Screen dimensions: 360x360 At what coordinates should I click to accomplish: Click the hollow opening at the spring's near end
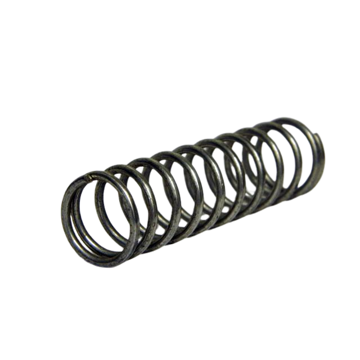point(98,217)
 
